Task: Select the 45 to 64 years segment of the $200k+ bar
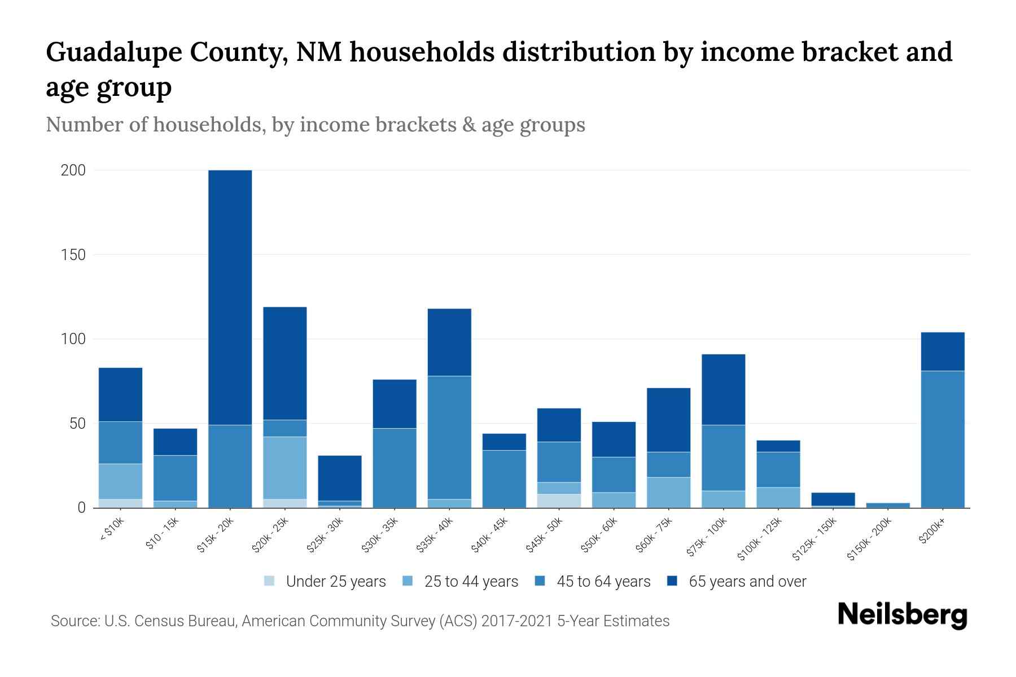[x=943, y=439]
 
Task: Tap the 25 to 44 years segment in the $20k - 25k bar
[x=285, y=468]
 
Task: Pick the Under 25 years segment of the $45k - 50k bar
[x=559, y=501]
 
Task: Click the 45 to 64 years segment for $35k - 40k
[x=449, y=437]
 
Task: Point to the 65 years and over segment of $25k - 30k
[x=340, y=478]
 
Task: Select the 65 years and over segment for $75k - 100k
[x=724, y=389]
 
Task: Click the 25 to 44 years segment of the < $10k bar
[x=120, y=481]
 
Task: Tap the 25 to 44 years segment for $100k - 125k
[x=778, y=497]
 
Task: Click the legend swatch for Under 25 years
[x=270, y=581]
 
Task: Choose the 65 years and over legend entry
[x=747, y=582]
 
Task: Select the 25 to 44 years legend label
[x=471, y=582]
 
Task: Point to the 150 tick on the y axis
[x=73, y=255]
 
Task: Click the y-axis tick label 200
[x=73, y=170]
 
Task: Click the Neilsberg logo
[x=902, y=615]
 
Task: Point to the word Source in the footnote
[x=75, y=621]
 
